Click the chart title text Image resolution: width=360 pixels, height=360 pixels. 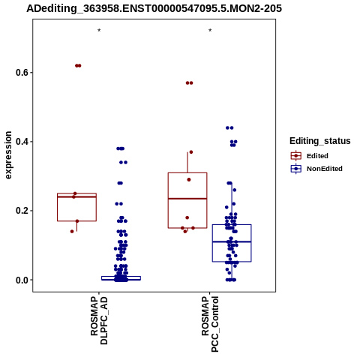click(154, 8)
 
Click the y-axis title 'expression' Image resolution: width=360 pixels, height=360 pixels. click(8, 155)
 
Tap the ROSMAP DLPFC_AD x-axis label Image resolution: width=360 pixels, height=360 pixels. click(99, 320)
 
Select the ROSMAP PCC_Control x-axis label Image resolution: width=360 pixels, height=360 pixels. click(210, 324)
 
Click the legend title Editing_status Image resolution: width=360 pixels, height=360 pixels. click(320, 141)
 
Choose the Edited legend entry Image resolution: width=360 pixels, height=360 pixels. click(310, 156)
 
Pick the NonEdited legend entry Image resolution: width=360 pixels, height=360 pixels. click(316, 169)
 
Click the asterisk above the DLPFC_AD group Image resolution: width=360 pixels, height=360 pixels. click(99, 31)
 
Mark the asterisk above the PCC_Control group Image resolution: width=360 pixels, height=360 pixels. click(210, 31)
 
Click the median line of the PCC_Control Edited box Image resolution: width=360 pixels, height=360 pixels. click(187, 199)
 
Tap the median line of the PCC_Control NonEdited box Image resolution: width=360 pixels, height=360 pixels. click(232, 241)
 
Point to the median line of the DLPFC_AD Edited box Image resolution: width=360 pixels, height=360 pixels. click(76, 196)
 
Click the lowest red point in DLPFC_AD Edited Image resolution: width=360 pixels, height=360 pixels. click(72, 232)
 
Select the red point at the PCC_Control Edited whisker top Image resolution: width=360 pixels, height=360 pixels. click(191, 152)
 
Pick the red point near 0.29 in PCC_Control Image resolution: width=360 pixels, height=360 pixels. click(189, 180)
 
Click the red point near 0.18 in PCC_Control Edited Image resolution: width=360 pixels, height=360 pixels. click(187, 217)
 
